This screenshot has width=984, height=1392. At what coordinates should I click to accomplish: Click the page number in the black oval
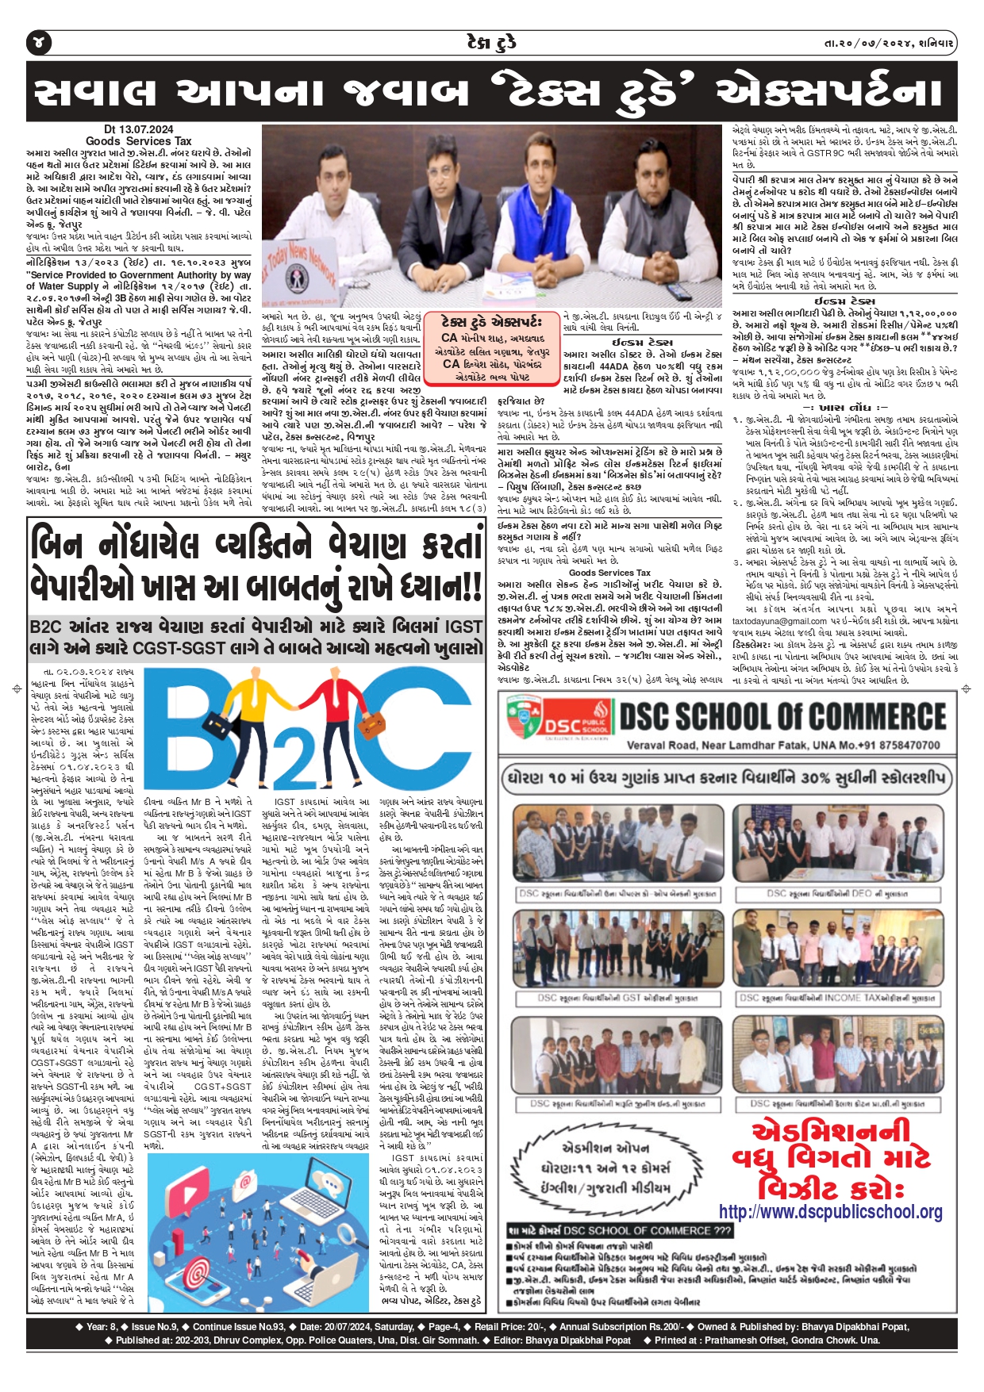click(x=40, y=42)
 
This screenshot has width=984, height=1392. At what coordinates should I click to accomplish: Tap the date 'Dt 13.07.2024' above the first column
click(x=138, y=129)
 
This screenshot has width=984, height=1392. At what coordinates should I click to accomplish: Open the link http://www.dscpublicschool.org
click(x=831, y=1212)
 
